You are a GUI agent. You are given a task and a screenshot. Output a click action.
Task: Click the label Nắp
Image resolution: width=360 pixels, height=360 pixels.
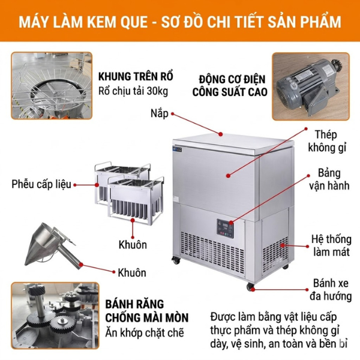click(160, 113)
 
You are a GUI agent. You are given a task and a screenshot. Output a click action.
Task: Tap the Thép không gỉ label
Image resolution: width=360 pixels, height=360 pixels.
click(327, 141)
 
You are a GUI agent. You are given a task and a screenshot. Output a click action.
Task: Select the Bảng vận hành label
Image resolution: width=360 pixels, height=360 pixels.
click(329, 179)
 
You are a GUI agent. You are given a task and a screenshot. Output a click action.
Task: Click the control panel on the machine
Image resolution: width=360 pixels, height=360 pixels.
click(225, 229)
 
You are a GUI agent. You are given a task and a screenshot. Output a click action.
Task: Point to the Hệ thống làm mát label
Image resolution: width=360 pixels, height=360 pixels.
click(331, 245)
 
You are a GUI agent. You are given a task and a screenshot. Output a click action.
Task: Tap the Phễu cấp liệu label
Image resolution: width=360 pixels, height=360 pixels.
click(41, 184)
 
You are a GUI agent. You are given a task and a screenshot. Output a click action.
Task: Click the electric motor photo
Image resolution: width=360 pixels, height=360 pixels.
click(311, 86)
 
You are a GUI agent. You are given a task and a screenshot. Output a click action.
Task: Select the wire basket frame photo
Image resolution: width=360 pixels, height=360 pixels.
click(52, 86)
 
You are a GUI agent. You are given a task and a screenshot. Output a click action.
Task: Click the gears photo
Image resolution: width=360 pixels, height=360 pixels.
click(55, 316)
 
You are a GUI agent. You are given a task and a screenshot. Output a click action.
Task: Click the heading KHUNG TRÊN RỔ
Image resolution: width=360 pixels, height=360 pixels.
click(136, 77)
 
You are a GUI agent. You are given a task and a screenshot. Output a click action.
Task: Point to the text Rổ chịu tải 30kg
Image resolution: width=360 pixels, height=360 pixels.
click(133, 91)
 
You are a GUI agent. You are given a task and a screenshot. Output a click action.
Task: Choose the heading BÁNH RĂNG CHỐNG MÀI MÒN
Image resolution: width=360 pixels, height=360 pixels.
click(147, 311)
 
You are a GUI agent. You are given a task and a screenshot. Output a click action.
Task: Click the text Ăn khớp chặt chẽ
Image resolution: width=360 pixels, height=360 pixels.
click(145, 332)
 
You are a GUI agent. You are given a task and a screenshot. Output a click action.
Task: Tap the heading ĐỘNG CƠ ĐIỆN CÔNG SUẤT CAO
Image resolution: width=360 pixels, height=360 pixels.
click(230, 85)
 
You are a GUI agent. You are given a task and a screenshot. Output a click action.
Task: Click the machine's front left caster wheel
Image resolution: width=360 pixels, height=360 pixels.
click(176, 260)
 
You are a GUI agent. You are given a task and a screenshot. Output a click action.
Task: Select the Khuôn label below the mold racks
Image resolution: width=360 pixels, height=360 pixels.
click(133, 245)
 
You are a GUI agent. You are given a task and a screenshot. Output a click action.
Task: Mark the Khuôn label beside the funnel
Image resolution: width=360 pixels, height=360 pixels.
click(132, 273)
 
